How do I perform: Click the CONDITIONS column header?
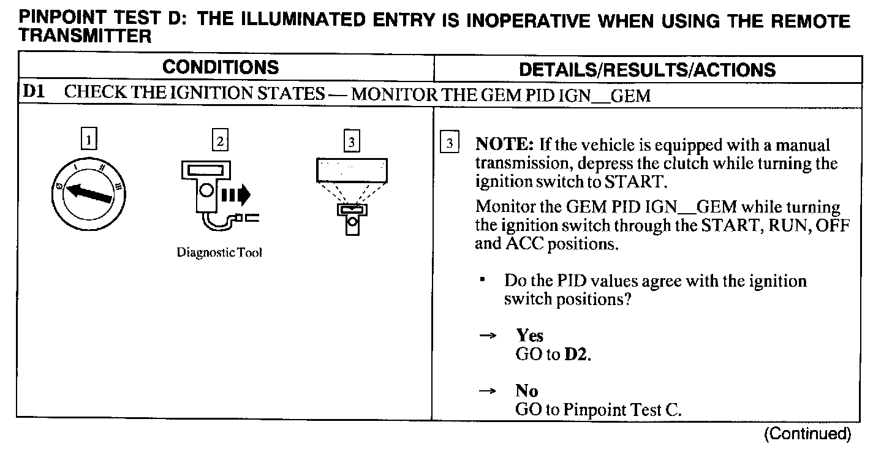221,67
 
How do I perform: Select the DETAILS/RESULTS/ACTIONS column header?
647,69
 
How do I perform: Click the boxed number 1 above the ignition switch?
89,141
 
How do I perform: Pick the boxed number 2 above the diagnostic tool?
219,141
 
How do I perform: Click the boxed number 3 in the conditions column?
351,142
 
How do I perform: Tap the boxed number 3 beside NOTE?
450,144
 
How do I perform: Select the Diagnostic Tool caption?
219,252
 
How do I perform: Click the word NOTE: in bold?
505,146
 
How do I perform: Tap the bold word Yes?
530,336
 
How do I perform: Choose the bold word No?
527,391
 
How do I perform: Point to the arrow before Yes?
487,336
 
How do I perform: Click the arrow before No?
487,391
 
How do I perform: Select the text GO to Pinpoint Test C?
598,410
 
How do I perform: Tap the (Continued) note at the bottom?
807,434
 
